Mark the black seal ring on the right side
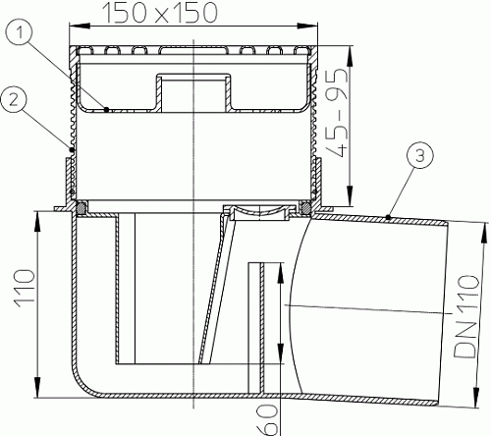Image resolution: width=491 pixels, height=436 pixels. (307, 208)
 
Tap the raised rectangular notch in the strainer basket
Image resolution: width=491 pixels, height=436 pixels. (192, 90)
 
